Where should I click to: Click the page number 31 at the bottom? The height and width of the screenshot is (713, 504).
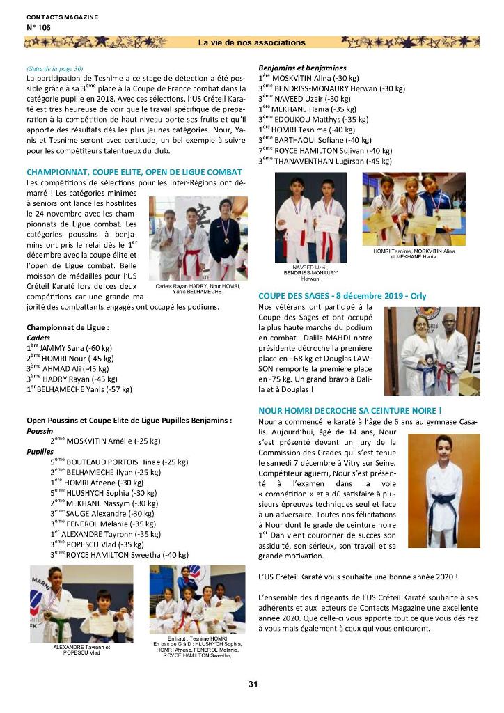(253, 684)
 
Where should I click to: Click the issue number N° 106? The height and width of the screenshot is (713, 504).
(39, 27)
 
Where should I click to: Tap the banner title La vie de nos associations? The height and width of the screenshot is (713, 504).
(252, 42)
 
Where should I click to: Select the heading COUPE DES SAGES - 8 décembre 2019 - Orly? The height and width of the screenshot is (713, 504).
(342, 295)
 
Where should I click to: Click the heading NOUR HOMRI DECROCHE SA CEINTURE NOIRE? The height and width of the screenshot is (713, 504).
(349, 411)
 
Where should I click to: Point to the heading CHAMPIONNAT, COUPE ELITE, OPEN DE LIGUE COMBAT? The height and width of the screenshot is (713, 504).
(134, 171)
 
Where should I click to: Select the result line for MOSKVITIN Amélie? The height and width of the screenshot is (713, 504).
(105, 441)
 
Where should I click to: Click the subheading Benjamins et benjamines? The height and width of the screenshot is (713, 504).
(302, 68)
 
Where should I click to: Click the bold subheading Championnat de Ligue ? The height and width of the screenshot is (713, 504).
(68, 327)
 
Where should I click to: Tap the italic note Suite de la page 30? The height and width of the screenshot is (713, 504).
(54, 68)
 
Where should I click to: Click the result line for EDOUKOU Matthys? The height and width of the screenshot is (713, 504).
(313, 119)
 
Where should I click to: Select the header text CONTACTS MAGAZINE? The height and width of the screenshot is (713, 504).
(62, 17)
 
